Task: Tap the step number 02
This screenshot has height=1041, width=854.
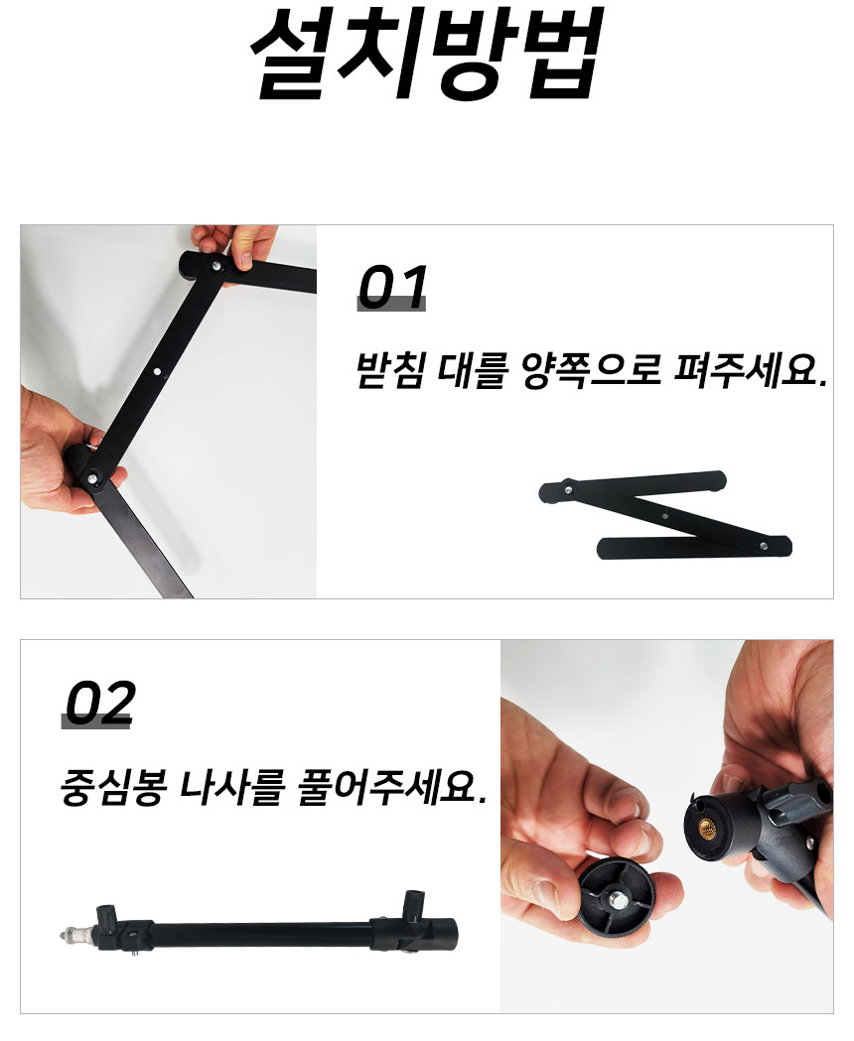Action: [98, 704]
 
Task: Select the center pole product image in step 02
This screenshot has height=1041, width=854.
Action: [263, 931]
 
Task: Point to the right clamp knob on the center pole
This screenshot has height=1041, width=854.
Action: [413, 905]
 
